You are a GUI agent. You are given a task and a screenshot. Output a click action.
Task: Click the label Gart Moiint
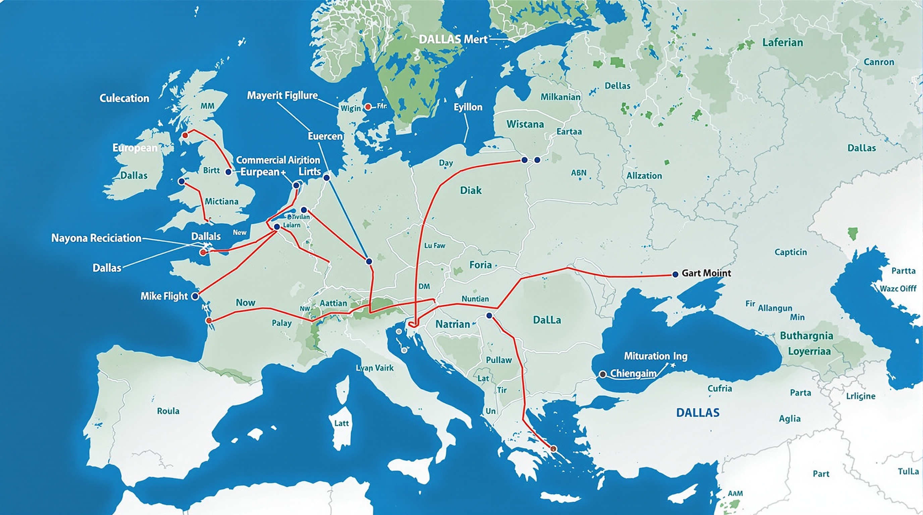706,273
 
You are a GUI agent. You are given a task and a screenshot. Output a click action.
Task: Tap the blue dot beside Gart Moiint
675,274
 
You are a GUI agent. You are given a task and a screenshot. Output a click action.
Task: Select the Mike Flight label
164,296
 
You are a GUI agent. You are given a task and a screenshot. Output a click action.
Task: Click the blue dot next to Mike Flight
195,296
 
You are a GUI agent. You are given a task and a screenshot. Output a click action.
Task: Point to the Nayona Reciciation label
96,238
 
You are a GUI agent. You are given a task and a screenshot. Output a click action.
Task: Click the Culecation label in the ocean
124,98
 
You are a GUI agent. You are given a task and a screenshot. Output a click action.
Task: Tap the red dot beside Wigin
368,107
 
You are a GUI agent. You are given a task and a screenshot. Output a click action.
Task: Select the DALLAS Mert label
453,39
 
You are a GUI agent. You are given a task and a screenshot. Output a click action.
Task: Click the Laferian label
782,43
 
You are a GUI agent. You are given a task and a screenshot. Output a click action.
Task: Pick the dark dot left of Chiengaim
603,374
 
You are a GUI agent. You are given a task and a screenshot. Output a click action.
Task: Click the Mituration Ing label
656,356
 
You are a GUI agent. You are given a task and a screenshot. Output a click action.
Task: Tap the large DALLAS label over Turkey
697,413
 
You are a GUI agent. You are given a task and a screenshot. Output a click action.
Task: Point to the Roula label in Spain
168,411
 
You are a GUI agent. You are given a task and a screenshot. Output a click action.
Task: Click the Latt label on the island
341,423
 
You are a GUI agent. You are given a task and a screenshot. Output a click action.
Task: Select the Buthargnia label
806,336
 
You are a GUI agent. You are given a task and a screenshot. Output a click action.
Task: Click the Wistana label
525,124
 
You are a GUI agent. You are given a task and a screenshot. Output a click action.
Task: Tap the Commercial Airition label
278,160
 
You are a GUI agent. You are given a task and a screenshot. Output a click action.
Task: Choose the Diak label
471,190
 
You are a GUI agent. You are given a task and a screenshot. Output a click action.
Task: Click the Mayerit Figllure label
282,95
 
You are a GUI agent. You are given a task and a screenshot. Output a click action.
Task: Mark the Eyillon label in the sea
468,107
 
